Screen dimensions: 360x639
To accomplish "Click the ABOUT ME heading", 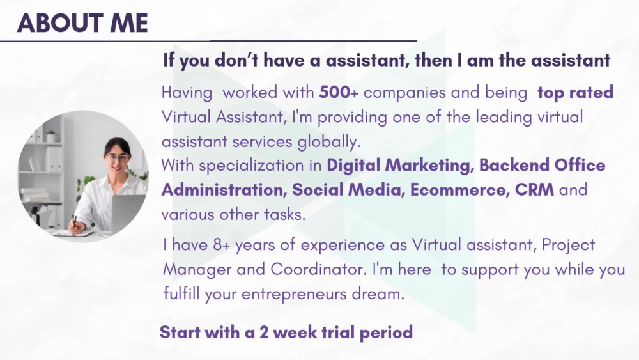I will [82, 23].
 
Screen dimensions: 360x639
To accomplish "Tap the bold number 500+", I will [339, 92].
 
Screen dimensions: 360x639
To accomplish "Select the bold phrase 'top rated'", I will [575, 92].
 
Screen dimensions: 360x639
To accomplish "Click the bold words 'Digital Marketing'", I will [400, 165].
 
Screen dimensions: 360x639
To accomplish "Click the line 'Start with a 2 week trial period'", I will [286, 333].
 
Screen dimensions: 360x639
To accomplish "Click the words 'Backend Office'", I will [542, 165].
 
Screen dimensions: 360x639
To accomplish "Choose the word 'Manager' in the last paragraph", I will [197, 269].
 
